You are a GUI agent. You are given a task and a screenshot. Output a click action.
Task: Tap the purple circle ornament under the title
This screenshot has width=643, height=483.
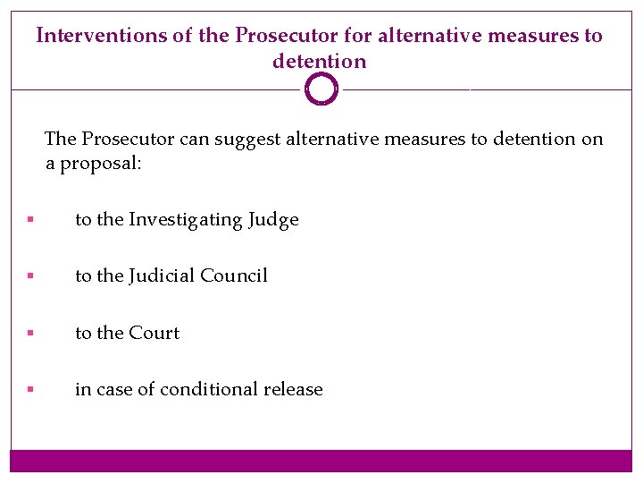[321, 89]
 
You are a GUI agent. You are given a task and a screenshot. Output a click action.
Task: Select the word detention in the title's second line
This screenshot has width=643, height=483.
[320, 62]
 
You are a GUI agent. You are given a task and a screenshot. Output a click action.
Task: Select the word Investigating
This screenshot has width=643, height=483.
[185, 220]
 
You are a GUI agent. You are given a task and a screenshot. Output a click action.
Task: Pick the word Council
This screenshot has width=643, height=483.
[234, 276]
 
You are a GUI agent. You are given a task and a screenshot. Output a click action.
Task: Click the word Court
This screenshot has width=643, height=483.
[154, 333]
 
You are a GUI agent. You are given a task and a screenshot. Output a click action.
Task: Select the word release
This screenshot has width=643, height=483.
[294, 389]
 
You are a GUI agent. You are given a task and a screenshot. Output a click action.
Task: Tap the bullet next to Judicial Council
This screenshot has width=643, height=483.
[30, 276]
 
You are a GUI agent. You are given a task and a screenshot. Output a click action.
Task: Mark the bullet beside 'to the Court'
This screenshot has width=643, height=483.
[30, 333]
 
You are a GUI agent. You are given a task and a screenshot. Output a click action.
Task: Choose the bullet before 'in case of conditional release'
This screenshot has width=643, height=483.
[30, 389]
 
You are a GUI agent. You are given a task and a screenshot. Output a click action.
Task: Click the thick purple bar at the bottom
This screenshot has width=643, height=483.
[321, 461]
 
